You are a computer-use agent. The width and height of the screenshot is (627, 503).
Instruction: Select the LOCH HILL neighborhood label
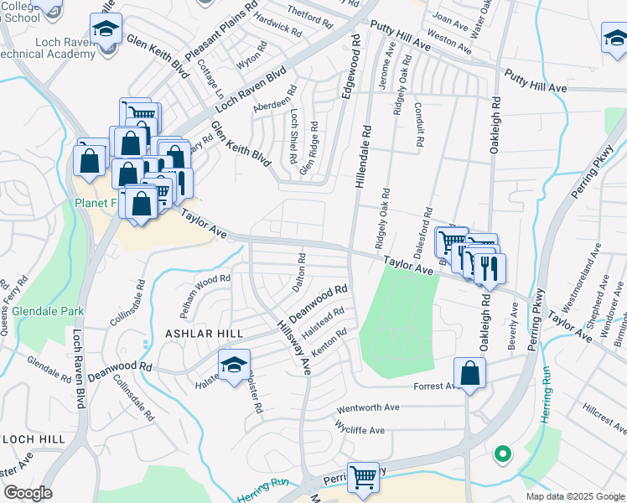pos(33,438)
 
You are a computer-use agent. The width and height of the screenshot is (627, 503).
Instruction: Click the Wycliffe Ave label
pos(359,430)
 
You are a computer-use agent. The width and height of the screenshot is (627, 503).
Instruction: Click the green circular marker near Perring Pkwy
pos(502,454)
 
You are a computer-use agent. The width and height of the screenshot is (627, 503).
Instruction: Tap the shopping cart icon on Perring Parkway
pos(363,477)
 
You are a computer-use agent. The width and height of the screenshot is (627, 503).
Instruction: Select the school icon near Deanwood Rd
pos(234,364)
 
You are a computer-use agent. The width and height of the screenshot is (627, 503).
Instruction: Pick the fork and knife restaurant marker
pos(490,268)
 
